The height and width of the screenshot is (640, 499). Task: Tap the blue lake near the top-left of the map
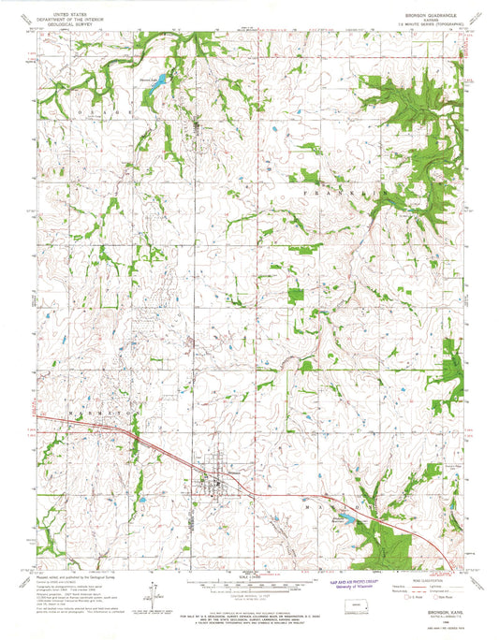(158, 81)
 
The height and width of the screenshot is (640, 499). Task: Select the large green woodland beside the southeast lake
(374, 533)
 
